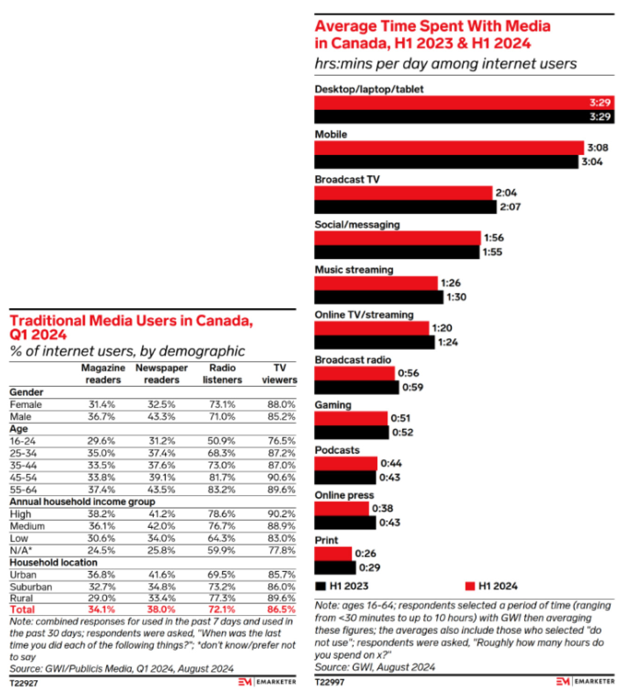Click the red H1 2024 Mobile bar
click(x=449, y=148)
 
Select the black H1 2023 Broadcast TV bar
click(x=405, y=207)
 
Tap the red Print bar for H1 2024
click(x=333, y=554)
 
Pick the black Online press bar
click(x=345, y=523)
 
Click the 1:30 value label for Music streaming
click(x=456, y=297)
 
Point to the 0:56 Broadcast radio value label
click(x=408, y=373)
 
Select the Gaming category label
click(x=333, y=405)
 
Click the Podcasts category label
click(x=337, y=450)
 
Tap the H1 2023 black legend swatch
click(x=320, y=586)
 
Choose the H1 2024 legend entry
click(x=491, y=586)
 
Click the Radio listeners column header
click(x=222, y=374)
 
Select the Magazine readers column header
click(x=103, y=374)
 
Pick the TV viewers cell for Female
click(x=281, y=404)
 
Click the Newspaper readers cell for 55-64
click(x=161, y=490)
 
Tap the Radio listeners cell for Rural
click(x=222, y=598)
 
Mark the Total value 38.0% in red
click(x=161, y=609)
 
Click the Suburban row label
click(x=31, y=587)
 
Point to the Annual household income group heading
click(x=83, y=502)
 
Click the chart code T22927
click(x=24, y=683)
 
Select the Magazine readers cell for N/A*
click(x=102, y=550)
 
